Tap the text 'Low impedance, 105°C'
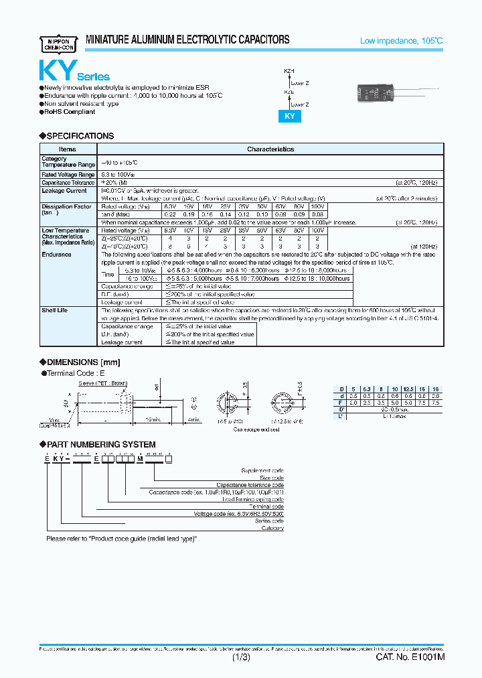[x=402, y=42]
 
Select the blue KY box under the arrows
[x=290, y=115]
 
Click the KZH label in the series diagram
[x=289, y=70]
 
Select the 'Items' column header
[x=68, y=149]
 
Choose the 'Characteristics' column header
[x=270, y=149]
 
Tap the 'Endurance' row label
[x=56, y=255]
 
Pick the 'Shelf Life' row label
[x=56, y=310]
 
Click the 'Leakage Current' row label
[x=64, y=191]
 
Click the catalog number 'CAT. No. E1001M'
[x=410, y=658]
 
